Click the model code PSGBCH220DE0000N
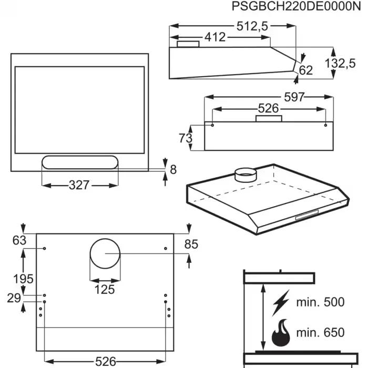[297, 7]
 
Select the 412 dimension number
[214, 37]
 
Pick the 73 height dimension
[185, 138]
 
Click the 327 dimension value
[79, 185]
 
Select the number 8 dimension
[173, 169]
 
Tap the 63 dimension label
[18, 241]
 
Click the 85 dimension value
[191, 244]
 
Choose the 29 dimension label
[14, 298]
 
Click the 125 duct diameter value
[104, 289]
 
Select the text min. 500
[320, 302]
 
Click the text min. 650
[320, 332]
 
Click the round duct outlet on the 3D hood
[243, 175]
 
